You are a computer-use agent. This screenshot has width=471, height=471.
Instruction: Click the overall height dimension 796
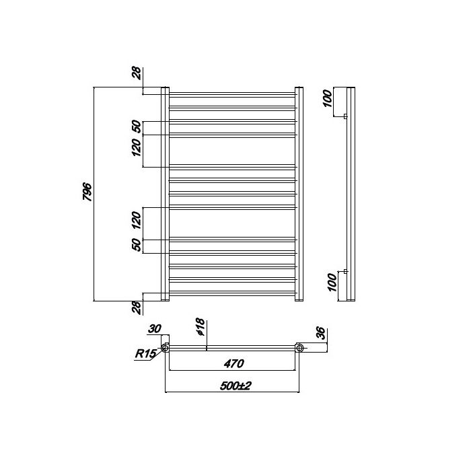[87, 192]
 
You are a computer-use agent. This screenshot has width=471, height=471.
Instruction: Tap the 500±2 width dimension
[235, 386]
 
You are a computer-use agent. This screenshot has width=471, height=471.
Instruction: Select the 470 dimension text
[233, 364]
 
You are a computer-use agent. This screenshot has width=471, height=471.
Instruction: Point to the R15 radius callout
[146, 353]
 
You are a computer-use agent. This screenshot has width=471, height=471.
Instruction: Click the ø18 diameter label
[200, 327]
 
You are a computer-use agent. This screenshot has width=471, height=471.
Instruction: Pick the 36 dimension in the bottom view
[321, 333]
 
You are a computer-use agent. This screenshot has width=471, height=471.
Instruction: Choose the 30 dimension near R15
[155, 329]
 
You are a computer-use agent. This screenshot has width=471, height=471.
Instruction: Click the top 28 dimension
[137, 73]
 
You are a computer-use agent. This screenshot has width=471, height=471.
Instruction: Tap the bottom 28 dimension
[137, 307]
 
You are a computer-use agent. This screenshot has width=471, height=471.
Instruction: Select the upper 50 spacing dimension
[137, 126]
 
